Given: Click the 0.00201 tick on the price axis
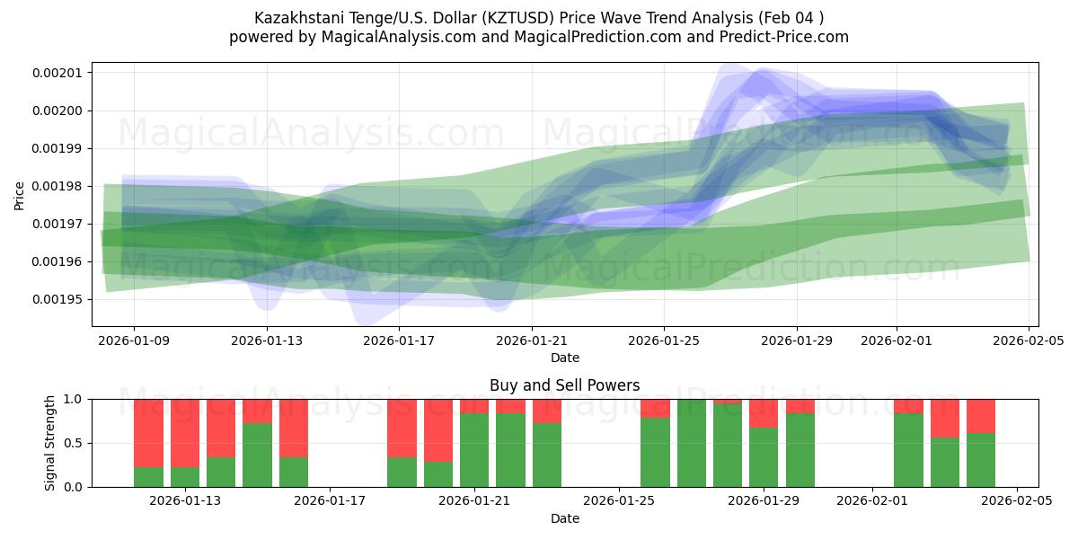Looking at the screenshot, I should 57,73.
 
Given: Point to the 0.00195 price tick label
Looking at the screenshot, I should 57,299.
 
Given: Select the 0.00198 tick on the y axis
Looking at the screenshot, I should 57,186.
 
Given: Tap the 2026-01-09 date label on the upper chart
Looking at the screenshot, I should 134,340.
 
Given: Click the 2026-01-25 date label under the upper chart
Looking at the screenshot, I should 664,340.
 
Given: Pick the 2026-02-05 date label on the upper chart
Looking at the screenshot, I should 1029,340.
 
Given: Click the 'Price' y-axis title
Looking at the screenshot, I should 20,194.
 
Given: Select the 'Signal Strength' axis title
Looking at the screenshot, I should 50,443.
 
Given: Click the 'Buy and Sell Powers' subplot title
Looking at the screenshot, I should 564,385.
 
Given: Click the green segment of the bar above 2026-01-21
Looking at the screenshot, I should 474,450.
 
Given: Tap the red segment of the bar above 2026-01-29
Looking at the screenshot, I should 764,413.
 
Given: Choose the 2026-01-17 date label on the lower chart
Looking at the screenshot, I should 330,500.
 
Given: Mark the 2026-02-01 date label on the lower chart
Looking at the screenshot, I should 872,500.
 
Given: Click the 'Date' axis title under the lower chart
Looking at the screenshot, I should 564,518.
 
